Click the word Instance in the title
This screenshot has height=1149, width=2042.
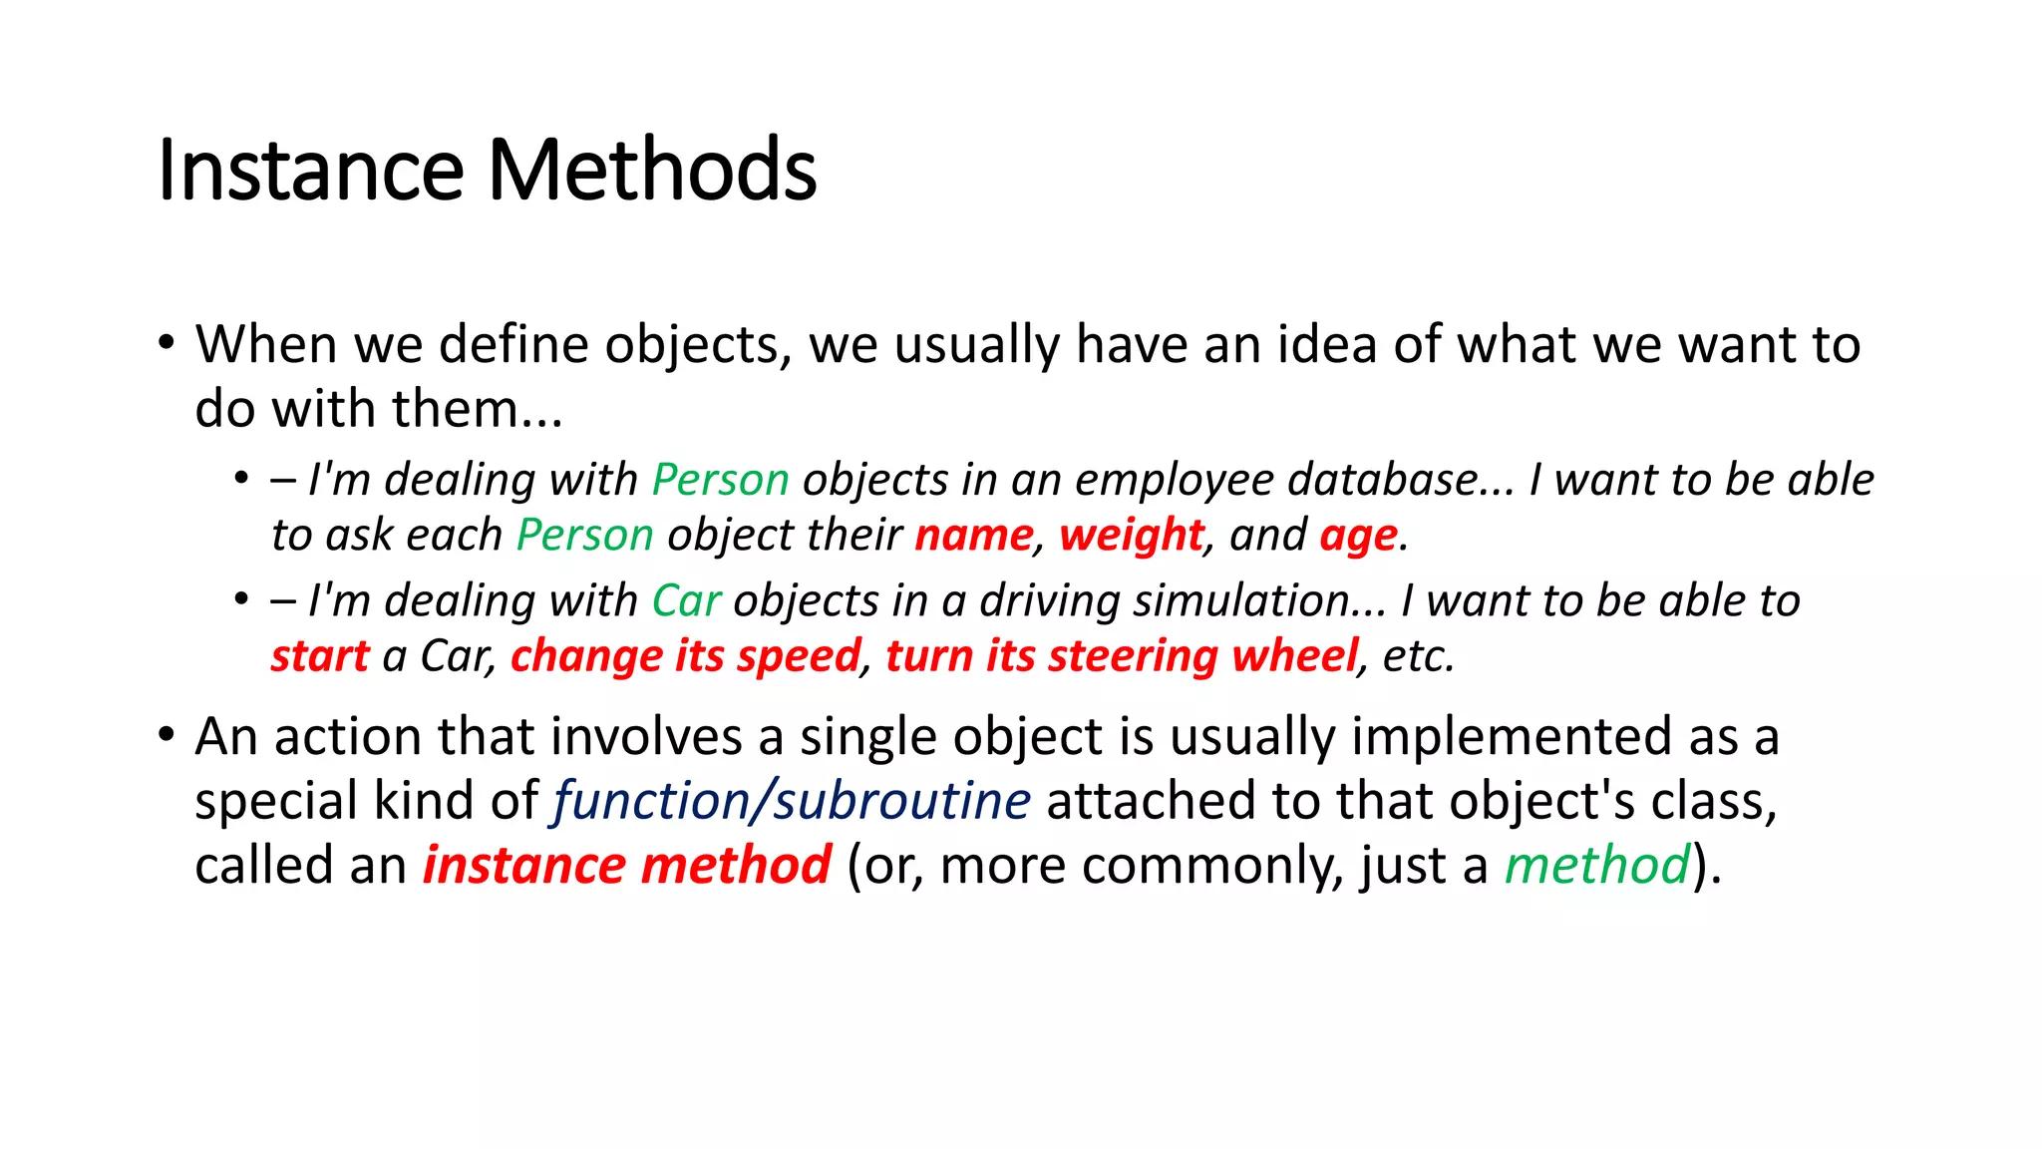pos(310,170)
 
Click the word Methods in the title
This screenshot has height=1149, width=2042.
pos(652,170)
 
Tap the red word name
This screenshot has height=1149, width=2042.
pos(974,536)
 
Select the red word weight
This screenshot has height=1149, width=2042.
pos(1132,536)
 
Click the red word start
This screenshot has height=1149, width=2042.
pos(320,656)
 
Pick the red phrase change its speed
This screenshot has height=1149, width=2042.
pos(685,656)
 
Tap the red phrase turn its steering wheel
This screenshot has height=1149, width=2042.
pos(1122,656)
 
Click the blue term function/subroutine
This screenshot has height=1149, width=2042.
pos(792,801)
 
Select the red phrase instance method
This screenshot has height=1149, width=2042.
pos(626,865)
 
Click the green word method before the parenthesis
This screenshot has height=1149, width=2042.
pos(1597,865)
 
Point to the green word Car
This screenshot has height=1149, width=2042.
pos(686,600)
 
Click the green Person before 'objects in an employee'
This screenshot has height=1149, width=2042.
pos(720,480)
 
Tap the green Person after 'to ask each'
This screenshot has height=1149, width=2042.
pos(584,536)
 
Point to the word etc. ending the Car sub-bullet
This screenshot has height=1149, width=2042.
pos(1418,656)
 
